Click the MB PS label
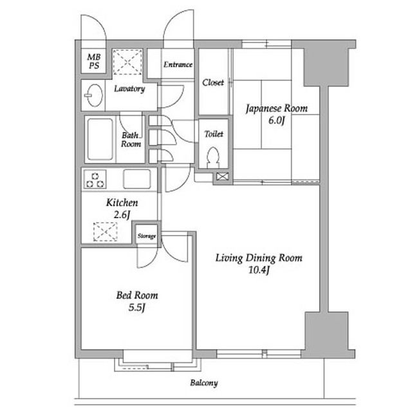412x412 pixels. (94, 61)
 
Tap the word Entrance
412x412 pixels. (178, 64)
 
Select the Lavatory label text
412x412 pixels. (129, 89)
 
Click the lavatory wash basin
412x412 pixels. (94, 95)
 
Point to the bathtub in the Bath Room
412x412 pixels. (100, 139)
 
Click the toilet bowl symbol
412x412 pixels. (213, 157)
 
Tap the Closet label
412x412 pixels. (213, 82)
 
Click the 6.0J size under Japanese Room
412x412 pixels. (277, 120)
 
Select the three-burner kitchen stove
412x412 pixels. (95, 179)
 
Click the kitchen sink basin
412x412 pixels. (137, 179)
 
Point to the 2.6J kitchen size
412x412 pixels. (122, 215)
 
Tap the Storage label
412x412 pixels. (147, 236)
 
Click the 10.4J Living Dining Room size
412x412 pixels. (259, 270)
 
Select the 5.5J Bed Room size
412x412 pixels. (137, 308)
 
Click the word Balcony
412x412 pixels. (204, 383)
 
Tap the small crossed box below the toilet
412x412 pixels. (222, 176)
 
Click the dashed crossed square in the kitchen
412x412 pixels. (106, 232)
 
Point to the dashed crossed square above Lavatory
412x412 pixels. (127, 62)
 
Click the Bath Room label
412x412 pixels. (131, 140)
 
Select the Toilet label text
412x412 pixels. (214, 134)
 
